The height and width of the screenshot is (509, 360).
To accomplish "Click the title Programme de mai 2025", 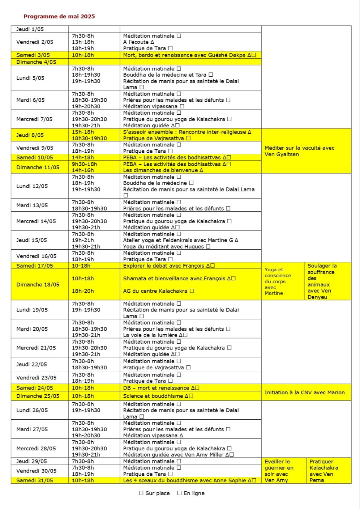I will [59, 16].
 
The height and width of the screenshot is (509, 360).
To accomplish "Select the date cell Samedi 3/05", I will [33, 55].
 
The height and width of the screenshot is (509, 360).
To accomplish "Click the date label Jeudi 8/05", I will [30, 135].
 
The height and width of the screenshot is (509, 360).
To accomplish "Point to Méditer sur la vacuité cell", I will [299, 151].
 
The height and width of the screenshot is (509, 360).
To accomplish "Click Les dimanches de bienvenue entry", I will [161, 170].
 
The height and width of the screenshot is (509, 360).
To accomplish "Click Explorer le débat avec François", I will [166, 266].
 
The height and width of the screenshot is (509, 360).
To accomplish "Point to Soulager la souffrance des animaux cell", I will [322, 281].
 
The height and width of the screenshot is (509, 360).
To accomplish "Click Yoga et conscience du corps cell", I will [278, 281].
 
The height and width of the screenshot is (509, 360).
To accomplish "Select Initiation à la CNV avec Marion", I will [304, 393].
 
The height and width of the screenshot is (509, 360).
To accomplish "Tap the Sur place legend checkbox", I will [141, 493].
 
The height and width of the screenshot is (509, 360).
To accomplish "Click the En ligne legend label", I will [194, 493].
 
